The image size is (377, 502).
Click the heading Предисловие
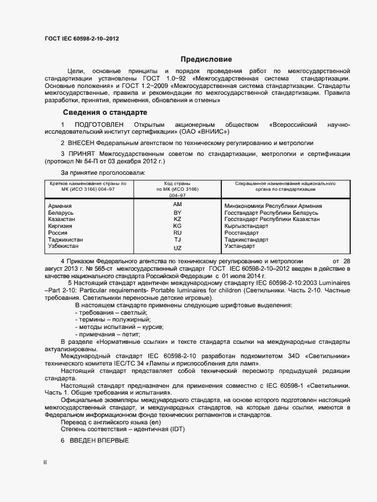click(206, 59)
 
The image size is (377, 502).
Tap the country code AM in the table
click(177, 204)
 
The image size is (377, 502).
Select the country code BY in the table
click(177, 212)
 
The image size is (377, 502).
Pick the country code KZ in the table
click(177, 219)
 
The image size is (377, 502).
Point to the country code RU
click(177, 233)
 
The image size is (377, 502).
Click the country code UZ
click(177, 248)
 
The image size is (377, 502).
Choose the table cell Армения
click(60, 206)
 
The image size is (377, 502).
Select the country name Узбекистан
click(66, 247)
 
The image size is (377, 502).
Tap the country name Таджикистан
click(66, 240)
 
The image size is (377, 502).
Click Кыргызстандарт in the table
click(246, 226)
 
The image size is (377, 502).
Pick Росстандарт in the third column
click(242, 233)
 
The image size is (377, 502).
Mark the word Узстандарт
click(240, 246)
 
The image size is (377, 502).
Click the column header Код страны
click(177, 183)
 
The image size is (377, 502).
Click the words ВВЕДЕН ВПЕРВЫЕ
click(99, 441)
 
